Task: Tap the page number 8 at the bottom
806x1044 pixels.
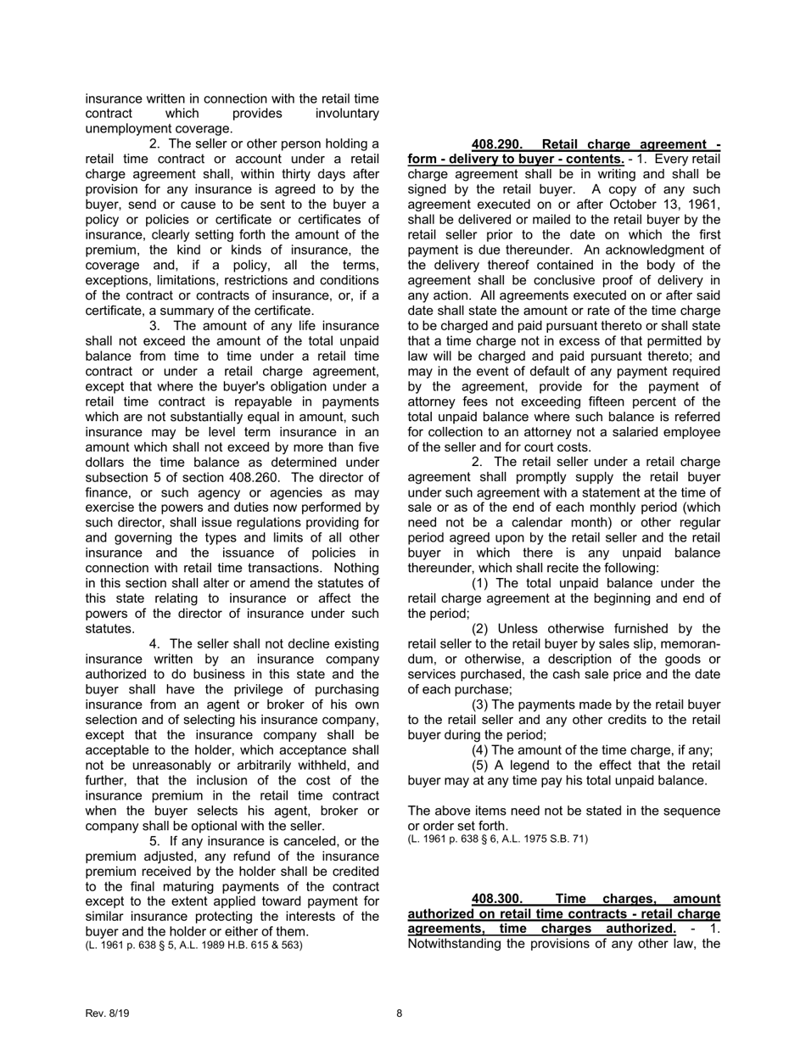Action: coord(400,1013)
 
